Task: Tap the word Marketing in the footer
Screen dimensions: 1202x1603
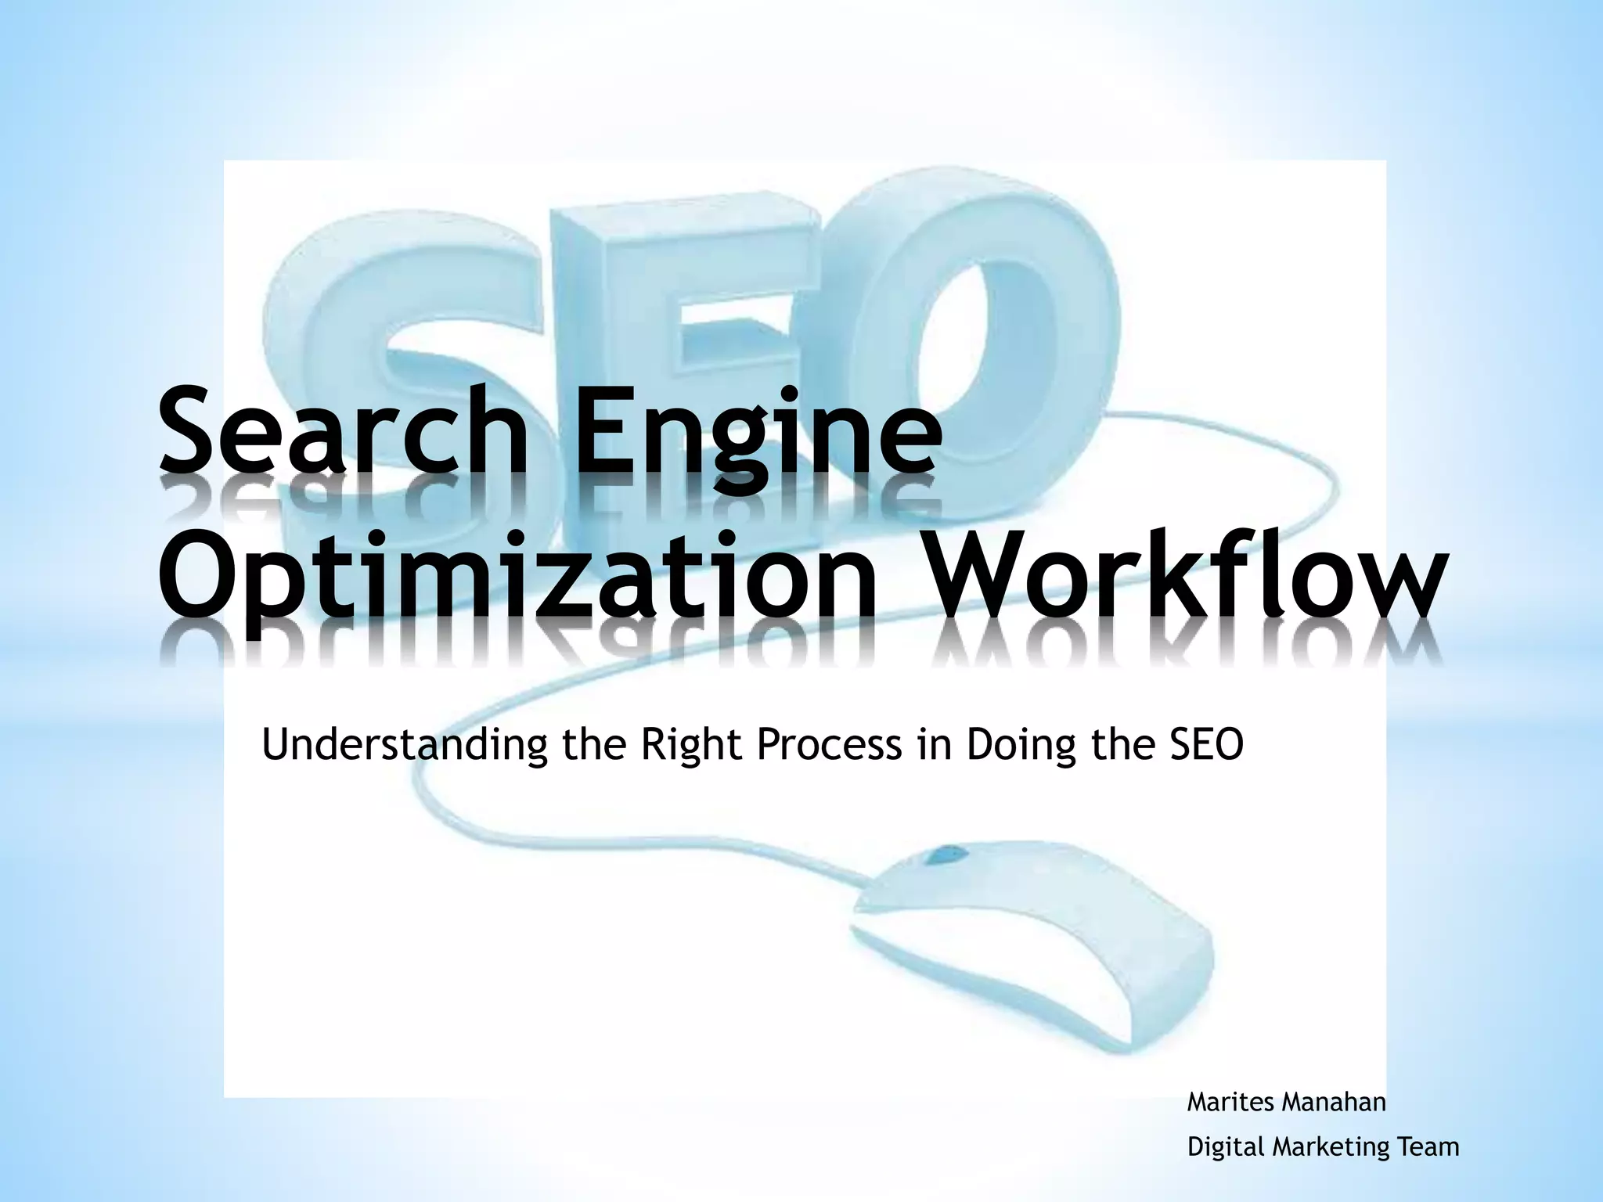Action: [1331, 1148]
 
